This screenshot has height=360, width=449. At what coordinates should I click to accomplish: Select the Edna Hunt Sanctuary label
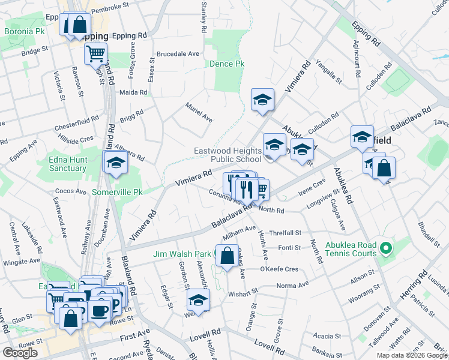tap(69, 164)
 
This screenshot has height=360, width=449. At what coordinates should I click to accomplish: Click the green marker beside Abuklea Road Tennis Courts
tap(387, 247)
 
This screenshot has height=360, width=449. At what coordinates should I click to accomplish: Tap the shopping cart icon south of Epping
tap(95, 54)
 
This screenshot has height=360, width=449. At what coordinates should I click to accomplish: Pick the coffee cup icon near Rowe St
tap(99, 310)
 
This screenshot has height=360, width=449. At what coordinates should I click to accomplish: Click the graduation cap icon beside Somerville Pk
tap(116, 162)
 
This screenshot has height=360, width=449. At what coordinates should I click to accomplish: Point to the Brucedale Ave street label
tap(178, 53)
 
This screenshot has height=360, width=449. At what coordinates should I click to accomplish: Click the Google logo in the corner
tap(20, 353)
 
